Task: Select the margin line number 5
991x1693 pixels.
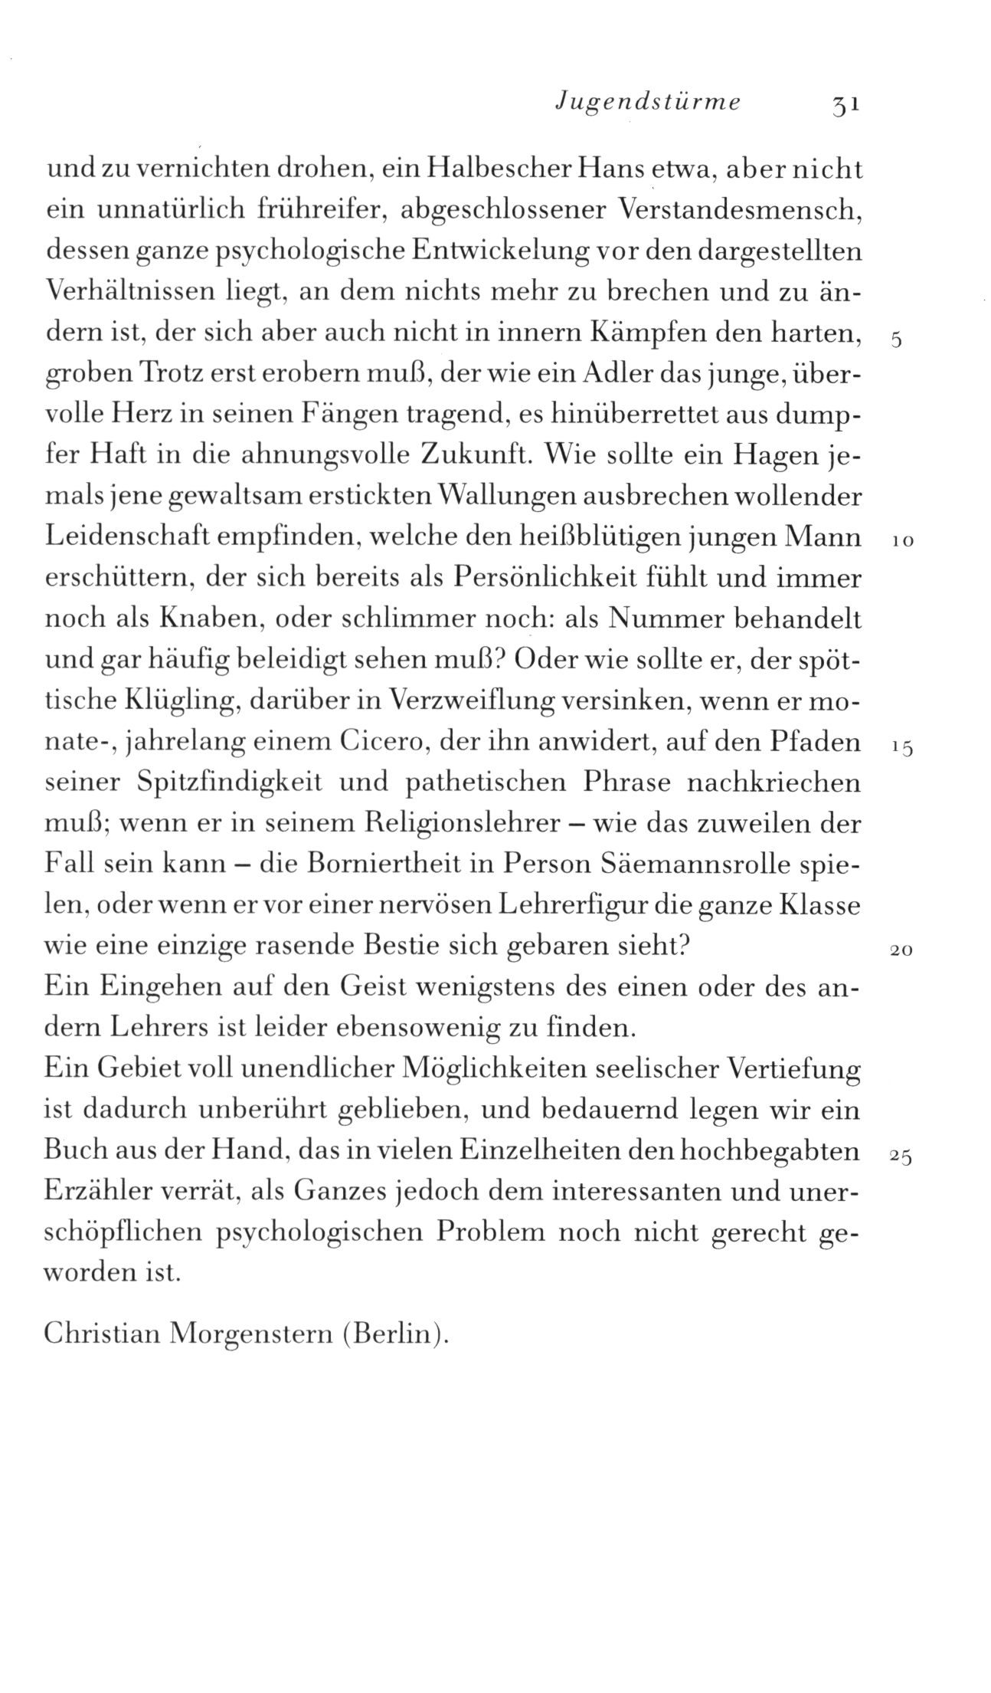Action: [898, 342]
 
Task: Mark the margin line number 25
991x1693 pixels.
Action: [900, 1158]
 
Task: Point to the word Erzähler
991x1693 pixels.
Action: [100, 1193]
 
